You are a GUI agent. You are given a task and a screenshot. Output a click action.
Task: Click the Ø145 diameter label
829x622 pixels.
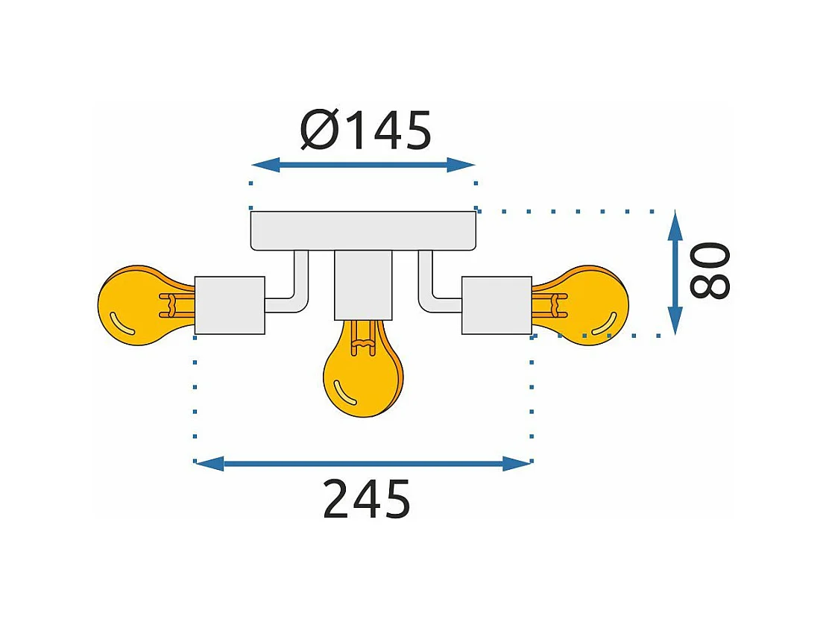click(366, 131)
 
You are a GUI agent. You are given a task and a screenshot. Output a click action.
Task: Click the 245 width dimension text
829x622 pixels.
click(367, 499)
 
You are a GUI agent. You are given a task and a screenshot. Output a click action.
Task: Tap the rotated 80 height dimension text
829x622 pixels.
click(707, 270)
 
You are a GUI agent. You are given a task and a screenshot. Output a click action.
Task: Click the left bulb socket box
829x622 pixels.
click(230, 305)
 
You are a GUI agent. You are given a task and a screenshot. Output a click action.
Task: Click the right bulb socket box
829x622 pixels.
click(497, 305)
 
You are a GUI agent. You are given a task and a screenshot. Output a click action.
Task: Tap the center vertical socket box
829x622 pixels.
click(363, 283)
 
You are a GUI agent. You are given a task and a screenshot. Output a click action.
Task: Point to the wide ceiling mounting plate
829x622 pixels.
click(363, 230)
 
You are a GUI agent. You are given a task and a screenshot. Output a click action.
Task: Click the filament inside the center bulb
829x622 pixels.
click(362, 339)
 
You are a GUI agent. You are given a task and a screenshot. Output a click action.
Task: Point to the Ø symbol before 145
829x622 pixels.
click(319, 132)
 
